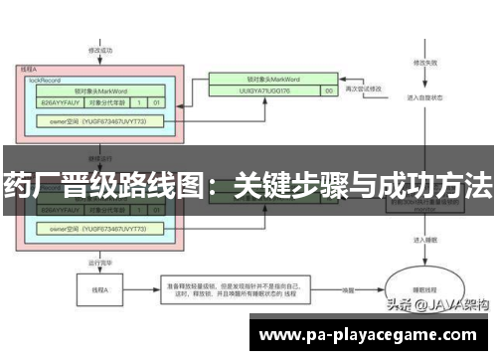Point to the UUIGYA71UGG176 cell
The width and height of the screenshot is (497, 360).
click(258, 90)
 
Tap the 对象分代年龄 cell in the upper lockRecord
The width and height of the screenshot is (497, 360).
click(107, 100)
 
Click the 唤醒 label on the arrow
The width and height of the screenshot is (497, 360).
click(351, 290)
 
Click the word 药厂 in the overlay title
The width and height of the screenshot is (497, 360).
click(30, 184)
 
